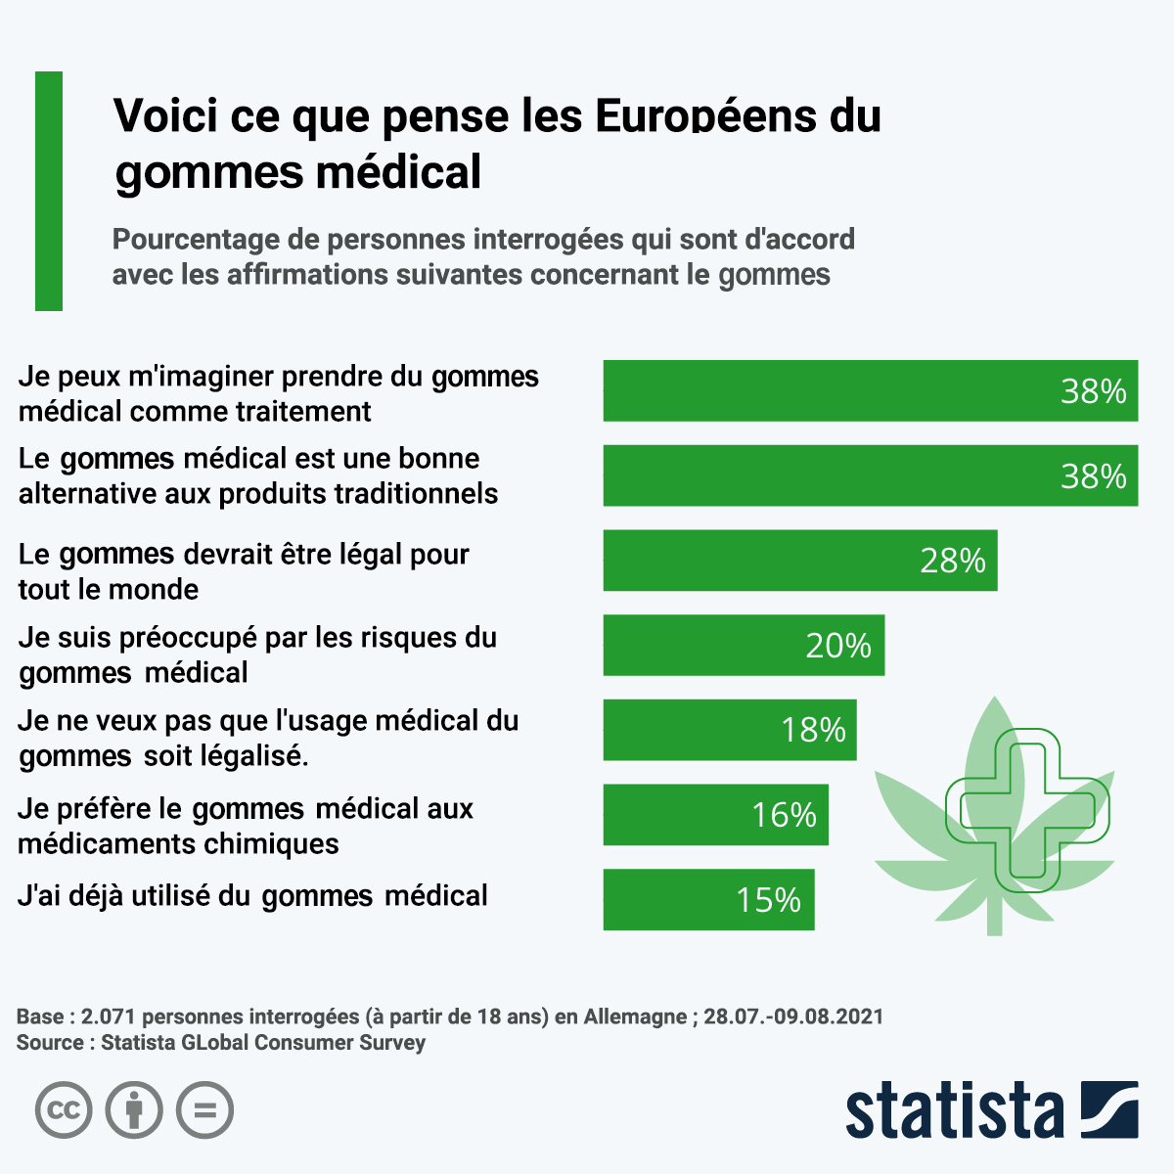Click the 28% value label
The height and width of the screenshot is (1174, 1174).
(x=952, y=561)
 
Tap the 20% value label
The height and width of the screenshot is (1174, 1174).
(x=838, y=646)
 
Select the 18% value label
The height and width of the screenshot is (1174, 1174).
(x=813, y=730)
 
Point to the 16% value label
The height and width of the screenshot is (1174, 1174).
(x=784, y=815)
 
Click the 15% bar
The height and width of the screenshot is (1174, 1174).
(x=708, y=899)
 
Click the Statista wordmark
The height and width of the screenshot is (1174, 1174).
(x=954, y=1110)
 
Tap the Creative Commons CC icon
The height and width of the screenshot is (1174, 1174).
(x=64, y=1110)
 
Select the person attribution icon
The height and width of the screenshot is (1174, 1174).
(x=134, y=1110)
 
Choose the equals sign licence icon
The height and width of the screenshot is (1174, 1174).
(x=204, y=1110)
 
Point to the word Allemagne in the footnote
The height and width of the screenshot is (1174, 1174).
(x=635, y=1016)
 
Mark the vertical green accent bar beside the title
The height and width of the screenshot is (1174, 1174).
(x=49, y=191)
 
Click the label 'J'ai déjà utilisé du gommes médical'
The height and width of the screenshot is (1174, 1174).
(x=252, y=896)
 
